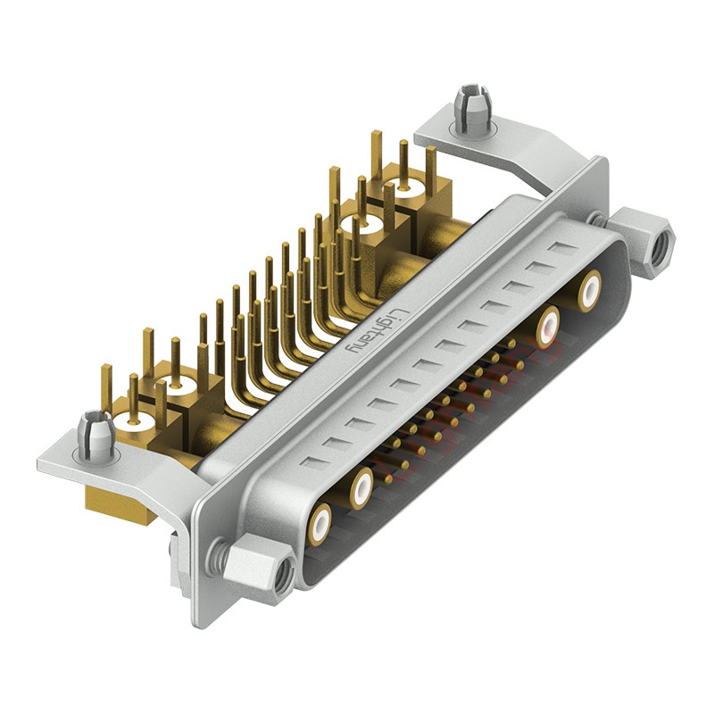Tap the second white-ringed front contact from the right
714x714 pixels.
click(x=548, y=327)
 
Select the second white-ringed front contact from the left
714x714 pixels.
click(x=361, y=487)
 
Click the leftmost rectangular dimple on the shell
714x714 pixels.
click(x=311, y=462)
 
